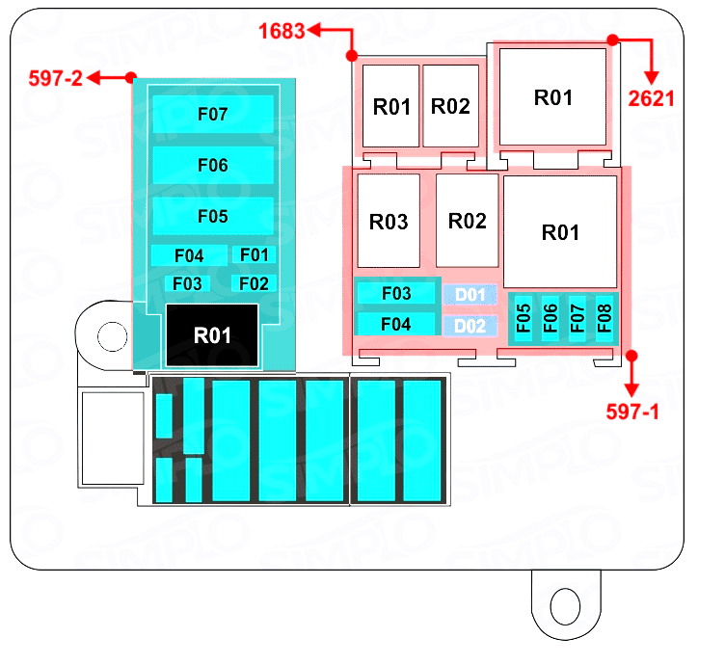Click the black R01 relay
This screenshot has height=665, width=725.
coord(212,334)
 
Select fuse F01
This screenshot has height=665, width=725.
coord(254,255)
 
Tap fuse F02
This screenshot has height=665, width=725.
coord(254,283)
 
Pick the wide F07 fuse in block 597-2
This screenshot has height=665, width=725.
coord(212,115)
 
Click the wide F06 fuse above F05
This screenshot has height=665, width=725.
coord(212,165)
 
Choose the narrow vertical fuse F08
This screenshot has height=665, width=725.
coord(604,317)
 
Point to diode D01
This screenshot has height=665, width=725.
coord(470,294)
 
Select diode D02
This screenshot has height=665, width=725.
coord(470,325)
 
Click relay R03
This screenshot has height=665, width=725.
coord(389,221)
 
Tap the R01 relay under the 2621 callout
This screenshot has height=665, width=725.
coord(552,97)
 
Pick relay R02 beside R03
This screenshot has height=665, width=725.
coord(468,221)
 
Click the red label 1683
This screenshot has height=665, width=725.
coord(282,32)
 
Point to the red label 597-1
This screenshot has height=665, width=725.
coord(632,412)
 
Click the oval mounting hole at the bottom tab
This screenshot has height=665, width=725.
coord(562,606)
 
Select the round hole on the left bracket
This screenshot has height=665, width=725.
coord(111,335)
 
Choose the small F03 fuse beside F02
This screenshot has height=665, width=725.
coord(188,283)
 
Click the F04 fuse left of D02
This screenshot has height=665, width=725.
coord(396,325)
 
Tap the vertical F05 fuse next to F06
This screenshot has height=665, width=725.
coord(524,317)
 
